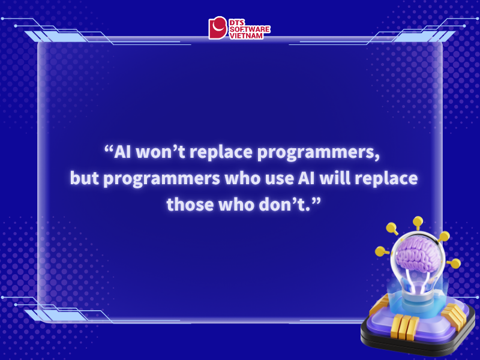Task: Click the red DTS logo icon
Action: coord(218,28)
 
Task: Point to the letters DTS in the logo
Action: coord(237,22)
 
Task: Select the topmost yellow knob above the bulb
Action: coord(418,222)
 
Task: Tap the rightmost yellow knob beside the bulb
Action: coord(455,263)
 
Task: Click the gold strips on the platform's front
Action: coord(404,328)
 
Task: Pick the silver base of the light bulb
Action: coord(418,294)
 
